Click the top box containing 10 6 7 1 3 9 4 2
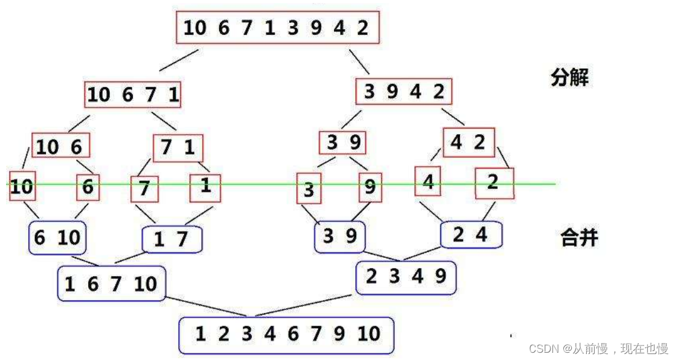tap(278, 28)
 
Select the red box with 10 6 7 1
tap(133, 94)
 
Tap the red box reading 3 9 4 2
tap(404, 92)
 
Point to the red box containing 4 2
tap(469, 143)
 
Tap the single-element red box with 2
tap(494, 184)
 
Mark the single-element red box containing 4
tap(428, 181)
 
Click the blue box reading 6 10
tap(57, 237)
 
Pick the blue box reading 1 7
tap(171, 240)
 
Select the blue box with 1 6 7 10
tap(111, 283)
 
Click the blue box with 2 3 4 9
tap(406, 277)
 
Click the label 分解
tap(569, 78)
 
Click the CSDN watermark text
tap(598, 349)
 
